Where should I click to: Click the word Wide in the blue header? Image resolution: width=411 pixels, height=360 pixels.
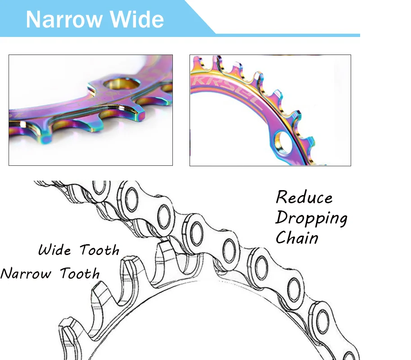click(137, 20)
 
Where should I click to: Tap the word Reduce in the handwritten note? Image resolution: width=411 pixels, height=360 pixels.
click(304, 197)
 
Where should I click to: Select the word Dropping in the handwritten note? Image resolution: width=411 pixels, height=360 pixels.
click(312, 218)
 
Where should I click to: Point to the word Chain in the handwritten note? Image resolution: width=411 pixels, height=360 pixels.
click(297, 237)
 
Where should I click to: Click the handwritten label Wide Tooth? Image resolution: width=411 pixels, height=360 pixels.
click(79, 250)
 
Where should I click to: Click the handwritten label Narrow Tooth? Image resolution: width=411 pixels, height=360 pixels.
click(50, 273)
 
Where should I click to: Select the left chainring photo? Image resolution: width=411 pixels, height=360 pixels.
click(90, 110)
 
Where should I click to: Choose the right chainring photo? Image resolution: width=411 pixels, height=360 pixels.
click(270, 110)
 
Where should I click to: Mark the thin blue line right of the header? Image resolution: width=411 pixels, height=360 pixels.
click(288, 35)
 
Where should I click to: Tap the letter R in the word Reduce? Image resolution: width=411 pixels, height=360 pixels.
click(282, 197)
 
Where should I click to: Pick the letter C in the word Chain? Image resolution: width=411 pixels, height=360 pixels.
click(282, 237)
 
